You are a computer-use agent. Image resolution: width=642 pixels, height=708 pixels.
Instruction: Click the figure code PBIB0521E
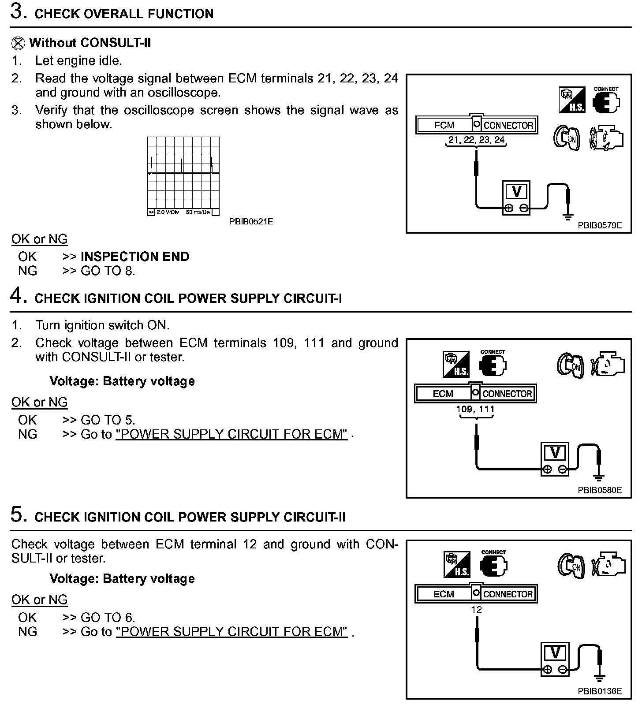click(x=251, y=221)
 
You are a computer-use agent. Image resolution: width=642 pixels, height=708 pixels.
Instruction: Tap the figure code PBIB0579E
click(x=600, y=225)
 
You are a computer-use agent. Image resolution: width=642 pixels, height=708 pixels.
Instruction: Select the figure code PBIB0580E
click(x=600, y=490)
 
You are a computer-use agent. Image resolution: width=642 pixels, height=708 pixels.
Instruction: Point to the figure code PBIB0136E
click(x=600, y=691)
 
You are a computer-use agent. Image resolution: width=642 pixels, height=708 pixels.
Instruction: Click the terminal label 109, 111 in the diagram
click(x=475, y=409)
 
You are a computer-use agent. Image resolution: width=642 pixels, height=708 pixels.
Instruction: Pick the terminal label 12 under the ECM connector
click(x=476, y=610)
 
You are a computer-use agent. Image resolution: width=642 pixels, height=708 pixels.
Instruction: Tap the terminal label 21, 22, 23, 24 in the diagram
click(x=476, y=140)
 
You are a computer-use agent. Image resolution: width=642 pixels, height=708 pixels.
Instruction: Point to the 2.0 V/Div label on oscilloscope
click(x=168, y=212)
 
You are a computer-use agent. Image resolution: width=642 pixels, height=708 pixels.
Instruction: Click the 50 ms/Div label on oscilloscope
click(x=198, y=212)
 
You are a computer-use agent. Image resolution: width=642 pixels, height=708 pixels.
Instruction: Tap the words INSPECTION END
click(x=135, y=257)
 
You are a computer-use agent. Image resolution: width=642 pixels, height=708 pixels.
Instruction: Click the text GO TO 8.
click(x=108, y=271)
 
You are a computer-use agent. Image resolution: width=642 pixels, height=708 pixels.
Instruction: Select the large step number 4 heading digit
click(x=17, y=296)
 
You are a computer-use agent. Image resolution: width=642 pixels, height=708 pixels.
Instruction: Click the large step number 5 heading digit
click(x=17, y=514)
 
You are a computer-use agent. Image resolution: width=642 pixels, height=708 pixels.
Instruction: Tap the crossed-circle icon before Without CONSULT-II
click(x=18, y=43)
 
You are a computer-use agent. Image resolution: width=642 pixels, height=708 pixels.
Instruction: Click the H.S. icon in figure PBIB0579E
click(x=572, y=100)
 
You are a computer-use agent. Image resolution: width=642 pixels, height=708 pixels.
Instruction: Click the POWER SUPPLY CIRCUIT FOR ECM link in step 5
click(x=231, y=632)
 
